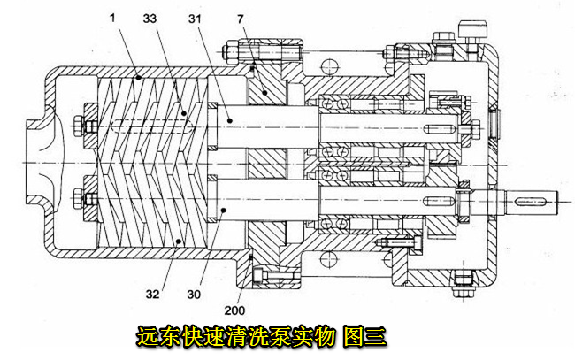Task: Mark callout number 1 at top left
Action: pos(113,16)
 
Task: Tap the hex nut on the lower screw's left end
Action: pos(90,192)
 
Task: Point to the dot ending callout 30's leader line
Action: pos(226,210)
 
